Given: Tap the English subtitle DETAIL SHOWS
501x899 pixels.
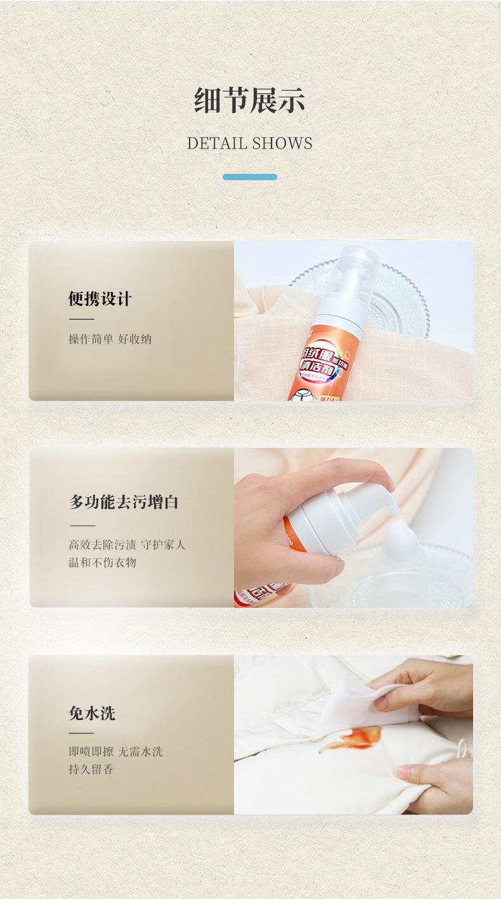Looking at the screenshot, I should tap(250, 143).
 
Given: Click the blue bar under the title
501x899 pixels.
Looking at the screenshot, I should tap(250, 177).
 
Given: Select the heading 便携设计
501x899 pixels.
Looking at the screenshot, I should tap(100, 299).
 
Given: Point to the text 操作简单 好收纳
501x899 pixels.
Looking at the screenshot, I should tap(110, 339).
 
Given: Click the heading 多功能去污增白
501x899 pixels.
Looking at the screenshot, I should tap(124, 502).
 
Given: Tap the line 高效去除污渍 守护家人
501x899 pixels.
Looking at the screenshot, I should tap(127, 544).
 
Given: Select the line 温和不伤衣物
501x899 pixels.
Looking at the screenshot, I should tap(102, 562).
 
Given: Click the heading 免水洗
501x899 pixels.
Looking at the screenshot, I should tap(92, 713).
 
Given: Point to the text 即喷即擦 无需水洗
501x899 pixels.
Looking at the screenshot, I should tap(115, 752).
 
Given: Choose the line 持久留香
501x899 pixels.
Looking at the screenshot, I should tap(91, 770).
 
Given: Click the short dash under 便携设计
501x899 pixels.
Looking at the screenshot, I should tap(81, 319).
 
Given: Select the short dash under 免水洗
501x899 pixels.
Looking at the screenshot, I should tap(81, 733).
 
